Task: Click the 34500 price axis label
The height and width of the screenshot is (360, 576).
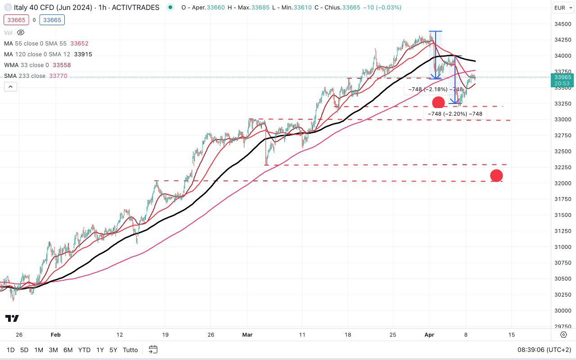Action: coord(562,24)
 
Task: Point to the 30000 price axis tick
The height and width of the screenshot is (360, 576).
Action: coord(562,310)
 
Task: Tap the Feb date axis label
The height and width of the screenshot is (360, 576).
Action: coord(55,335)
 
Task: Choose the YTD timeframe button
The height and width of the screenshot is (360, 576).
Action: coord(84,350)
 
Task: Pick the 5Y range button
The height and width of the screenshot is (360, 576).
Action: coord(113,350)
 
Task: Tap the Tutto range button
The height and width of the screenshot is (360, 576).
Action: coord(130,350)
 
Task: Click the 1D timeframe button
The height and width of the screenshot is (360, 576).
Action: coord(10,350)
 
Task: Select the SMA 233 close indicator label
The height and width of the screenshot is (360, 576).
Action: coord(25,76)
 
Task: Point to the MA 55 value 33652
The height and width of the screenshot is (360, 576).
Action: coord(79,44)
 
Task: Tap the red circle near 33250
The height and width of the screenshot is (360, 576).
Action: coord(438,103)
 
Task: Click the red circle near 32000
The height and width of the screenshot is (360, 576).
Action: coord(496,175)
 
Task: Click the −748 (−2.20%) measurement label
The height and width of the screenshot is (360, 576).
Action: coord(455,114)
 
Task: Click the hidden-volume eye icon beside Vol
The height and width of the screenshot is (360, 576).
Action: coord(21,32)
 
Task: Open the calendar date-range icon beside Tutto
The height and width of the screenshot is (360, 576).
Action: coord(153,350)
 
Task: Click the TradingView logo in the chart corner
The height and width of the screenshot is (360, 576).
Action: coord(13,319)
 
